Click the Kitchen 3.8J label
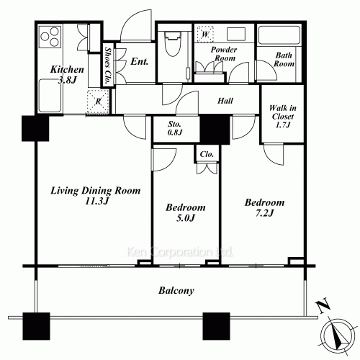[x=67, y=74]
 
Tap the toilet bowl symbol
[x=172, y=45]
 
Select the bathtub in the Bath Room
[x=279, y=35]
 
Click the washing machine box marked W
[x=205, y=34]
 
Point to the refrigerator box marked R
[x=98, y=102]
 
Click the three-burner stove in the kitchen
[x=50, y=37]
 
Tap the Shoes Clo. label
[x=108, y=65]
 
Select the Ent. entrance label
[x=140, y=61]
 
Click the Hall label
[x=225, y=101]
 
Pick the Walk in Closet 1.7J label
[x=283, y=117]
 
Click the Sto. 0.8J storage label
[x=175, y=128]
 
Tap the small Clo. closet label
[x=207, y=154]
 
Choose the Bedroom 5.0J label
[x=186, y=212]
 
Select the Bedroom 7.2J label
[x=264, y=207]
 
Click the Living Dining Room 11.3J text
[x=96, y=196]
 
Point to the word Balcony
[x=176, y=291]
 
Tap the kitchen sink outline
[x=50, y=96]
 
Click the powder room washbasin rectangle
[x=236, y=34]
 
